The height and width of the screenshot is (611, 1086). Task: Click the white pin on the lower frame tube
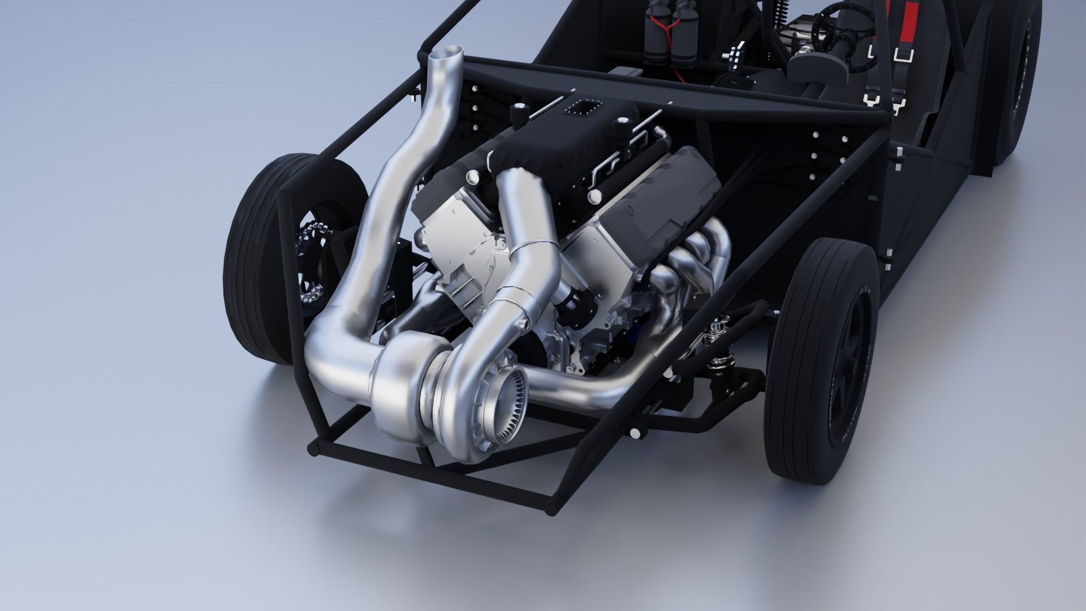click(x=636, y=433)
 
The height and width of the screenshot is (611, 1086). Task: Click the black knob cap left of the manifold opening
click(x=517, y=110)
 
